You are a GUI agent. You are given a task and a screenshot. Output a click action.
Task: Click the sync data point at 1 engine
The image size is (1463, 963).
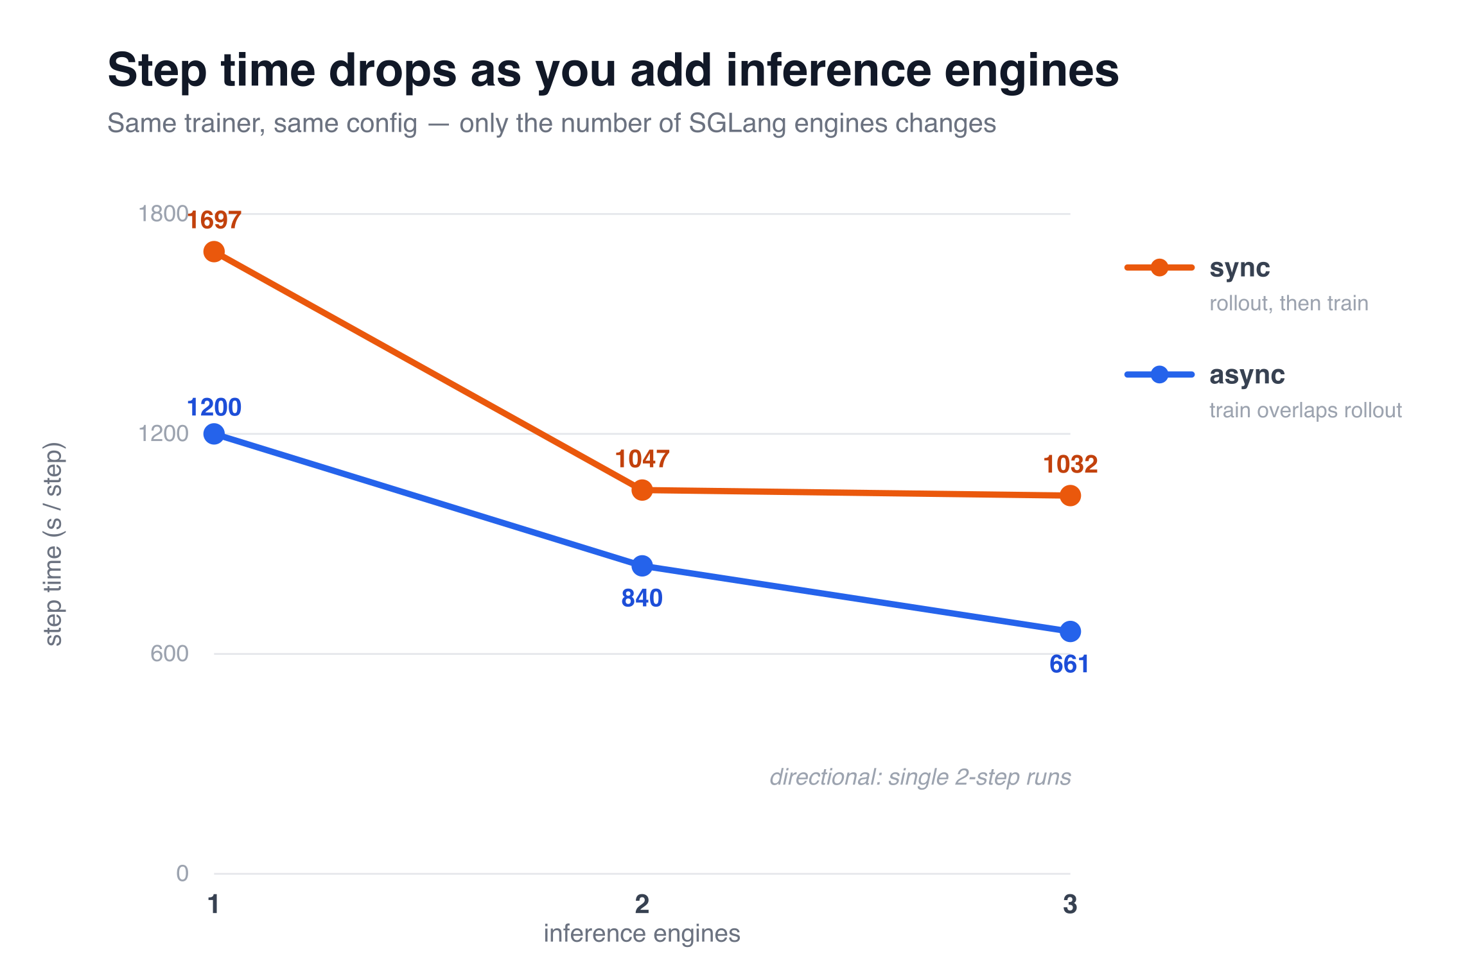click(214, 252)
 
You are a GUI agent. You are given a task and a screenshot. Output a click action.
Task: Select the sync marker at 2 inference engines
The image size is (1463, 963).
click(642, 490)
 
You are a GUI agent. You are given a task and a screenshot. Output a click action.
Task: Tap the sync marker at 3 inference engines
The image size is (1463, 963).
click(1070, 496)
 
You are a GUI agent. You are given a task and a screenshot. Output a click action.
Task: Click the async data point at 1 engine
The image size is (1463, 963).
click(214, 434)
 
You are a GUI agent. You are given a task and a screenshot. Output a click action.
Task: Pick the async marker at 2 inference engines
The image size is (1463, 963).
click(642, 566)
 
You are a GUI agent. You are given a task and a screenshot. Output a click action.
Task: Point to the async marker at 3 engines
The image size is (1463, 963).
click(1070, 632)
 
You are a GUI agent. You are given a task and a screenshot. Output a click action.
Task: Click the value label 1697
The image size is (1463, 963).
click(214, 220)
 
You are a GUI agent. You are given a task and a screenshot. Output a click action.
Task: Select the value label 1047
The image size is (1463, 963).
click(642, 459)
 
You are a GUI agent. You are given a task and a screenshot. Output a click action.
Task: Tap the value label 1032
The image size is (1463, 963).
click(1070, 464)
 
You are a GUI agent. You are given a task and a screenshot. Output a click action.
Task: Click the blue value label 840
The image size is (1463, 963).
click(642, 598)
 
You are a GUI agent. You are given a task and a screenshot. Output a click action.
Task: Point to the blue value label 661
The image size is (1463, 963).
click(1069, 664)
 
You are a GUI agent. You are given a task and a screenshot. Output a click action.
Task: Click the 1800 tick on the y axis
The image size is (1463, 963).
click(163, 214)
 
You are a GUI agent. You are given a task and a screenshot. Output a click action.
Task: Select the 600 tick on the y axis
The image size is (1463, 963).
click(170, 654)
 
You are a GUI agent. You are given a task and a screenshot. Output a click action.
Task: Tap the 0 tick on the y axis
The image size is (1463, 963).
click(182, 873)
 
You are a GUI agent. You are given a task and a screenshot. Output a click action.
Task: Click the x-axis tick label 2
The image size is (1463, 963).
click(642, 904)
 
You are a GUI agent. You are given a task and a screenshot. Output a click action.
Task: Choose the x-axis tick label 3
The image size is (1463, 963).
click(1070, 904)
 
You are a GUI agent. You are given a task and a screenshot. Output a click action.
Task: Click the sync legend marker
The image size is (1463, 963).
click(1159, 268)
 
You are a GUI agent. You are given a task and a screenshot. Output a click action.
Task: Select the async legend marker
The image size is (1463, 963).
click(1159, 374)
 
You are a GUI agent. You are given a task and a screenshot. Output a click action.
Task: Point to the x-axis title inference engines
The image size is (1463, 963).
click(642, 933)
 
